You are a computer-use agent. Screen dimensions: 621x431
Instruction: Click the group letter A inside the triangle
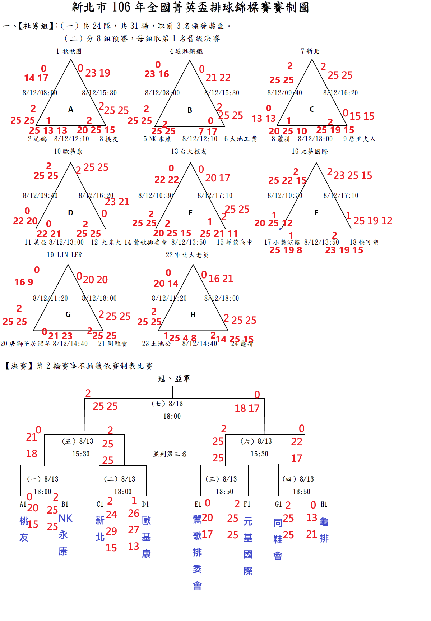71,109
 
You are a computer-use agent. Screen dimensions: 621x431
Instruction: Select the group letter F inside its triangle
316,213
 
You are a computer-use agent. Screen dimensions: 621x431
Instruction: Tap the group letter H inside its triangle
193,314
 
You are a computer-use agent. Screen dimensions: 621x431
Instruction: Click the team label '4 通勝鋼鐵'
186,51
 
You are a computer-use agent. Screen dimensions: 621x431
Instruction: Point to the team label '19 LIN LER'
64,255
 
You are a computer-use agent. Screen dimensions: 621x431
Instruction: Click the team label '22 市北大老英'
187,255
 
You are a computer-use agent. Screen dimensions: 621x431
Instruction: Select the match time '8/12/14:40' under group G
70,344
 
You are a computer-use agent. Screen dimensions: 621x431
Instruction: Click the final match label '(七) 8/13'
167,404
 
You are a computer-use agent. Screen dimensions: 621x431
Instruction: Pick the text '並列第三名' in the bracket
170,454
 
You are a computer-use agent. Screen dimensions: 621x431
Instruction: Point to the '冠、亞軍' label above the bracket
174,378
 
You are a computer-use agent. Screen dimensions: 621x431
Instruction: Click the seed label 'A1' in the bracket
23,504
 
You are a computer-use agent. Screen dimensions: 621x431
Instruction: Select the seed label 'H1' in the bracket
324,504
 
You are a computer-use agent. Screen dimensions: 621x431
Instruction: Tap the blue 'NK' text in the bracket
65,518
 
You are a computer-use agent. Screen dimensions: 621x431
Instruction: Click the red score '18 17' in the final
247,408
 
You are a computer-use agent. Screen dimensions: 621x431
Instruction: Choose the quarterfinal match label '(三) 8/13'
221,479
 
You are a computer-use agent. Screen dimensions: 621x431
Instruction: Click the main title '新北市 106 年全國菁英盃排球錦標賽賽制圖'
190,7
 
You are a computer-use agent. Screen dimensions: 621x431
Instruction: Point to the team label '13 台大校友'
189,151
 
